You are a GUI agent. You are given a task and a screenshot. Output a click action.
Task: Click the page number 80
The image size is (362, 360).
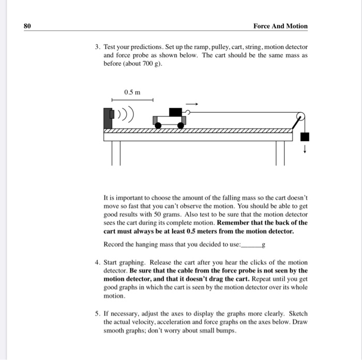pyautogui.click(x=28, y=26)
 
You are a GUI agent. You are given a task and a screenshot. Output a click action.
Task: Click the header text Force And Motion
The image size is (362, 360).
pyautogui.click(x=280, y=26)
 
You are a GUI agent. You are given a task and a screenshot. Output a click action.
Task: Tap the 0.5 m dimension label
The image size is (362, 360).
pyautogui.click(x=132, y=92)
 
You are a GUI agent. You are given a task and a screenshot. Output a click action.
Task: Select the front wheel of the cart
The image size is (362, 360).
pyautogui.click(x=182, y=125)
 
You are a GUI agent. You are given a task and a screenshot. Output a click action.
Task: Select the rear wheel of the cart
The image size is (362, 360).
pyautogui.click(x=160, y=125)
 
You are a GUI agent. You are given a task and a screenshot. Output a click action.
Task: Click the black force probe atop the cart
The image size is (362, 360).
pyautogui.click(x=176, y=112)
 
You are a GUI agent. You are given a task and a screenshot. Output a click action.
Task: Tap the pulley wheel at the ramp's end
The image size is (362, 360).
pyautogui.click(x=300, y=117)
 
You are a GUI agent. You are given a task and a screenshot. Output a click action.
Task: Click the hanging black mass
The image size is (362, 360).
pyautogui.click(x=305, y=137)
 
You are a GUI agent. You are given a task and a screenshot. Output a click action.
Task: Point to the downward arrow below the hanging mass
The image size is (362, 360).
pyautogui.click(x=305, y=151)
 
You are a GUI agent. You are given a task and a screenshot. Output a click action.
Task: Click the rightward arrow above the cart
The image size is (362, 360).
pyautogui.click(x=191, y=103)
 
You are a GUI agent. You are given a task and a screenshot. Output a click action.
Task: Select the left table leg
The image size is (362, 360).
pyautogui.click(x=115, y=152)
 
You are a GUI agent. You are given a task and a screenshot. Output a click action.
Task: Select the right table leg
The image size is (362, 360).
pyautogui.click(x=280, y=152)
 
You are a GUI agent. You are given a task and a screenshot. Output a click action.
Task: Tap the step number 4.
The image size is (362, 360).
pyautogui.click(x=97, y=263)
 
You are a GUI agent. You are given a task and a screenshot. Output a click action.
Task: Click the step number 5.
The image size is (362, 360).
pyautogui.click(x=97, y=313)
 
